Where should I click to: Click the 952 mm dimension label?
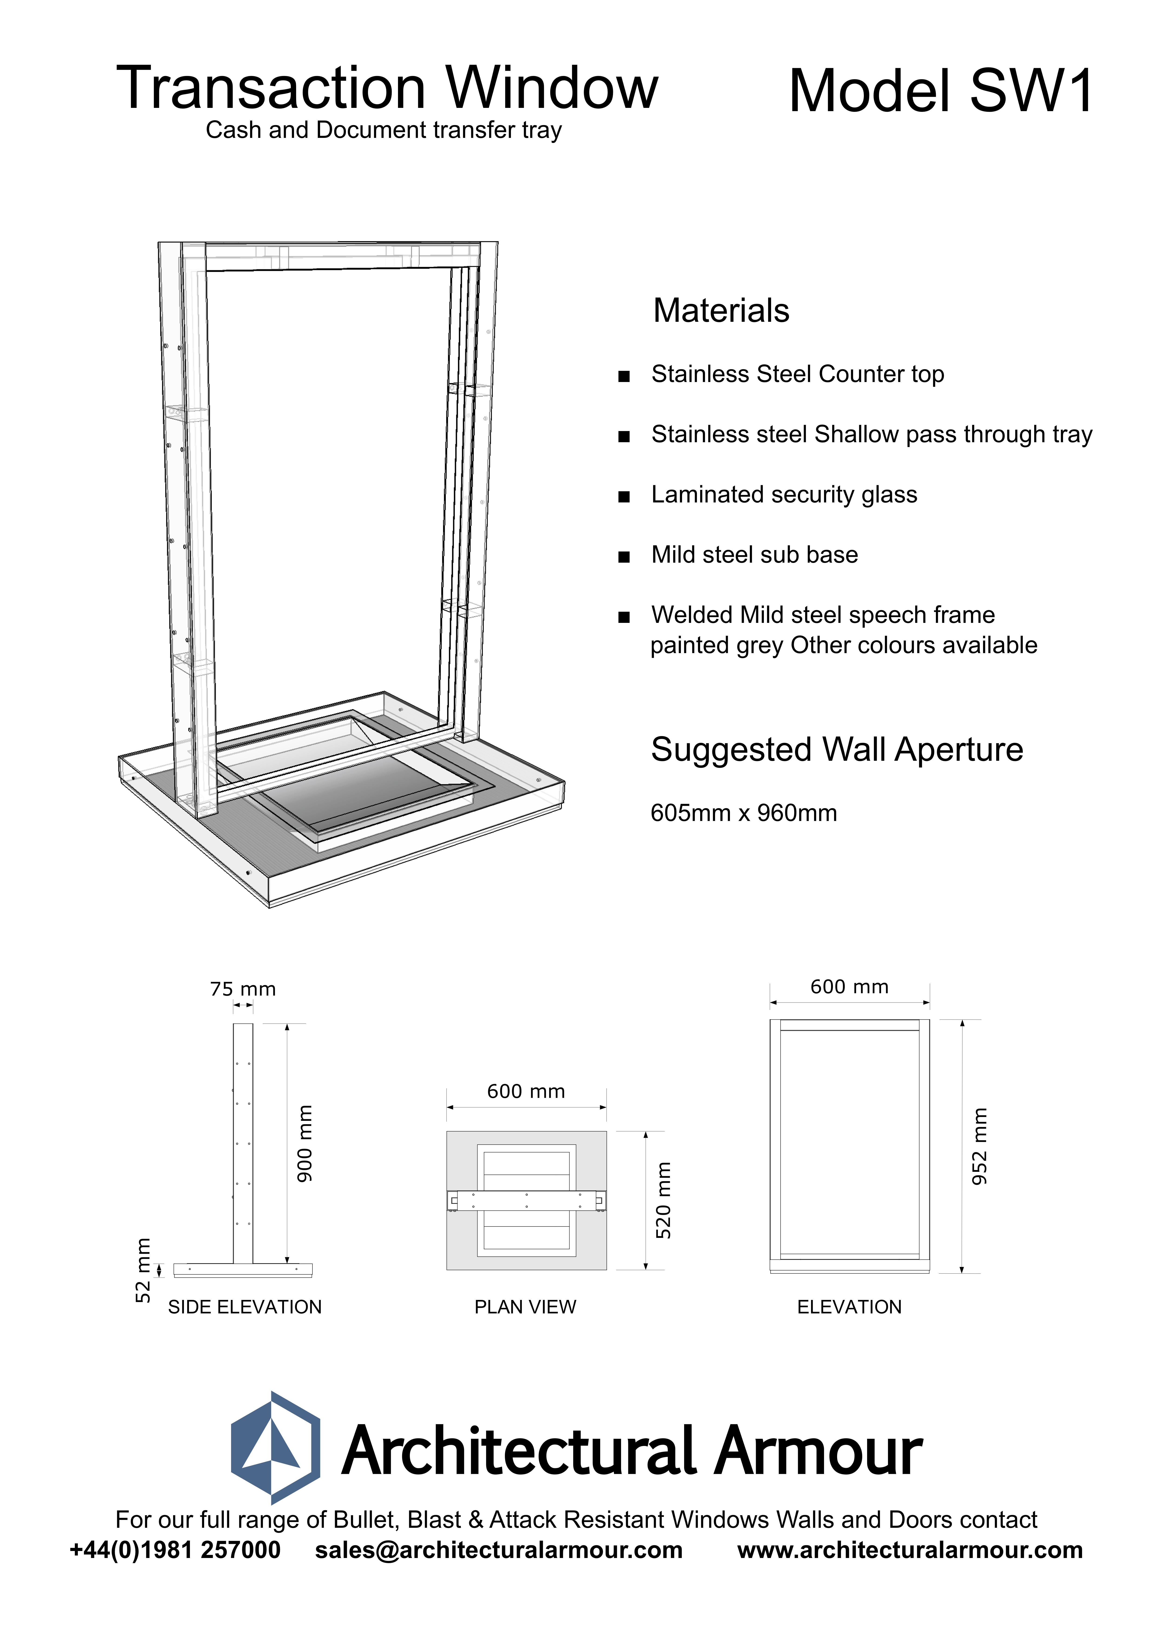pos(980,1146)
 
